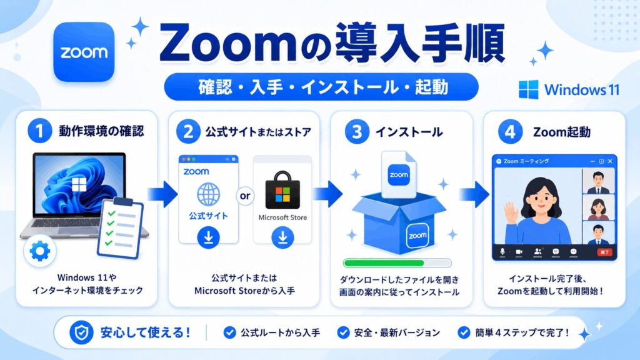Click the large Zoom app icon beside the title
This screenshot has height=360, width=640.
tap(84, 52)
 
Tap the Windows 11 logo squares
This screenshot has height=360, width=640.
tap(529, 89)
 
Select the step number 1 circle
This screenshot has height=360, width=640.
tap(39, 131)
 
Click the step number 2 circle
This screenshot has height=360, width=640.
tap(188, 131)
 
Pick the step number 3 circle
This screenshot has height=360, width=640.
tap(357, 131)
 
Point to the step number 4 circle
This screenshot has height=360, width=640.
tap(510, 132)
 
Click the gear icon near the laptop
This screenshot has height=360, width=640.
tap(39, 251)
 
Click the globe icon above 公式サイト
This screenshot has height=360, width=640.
tap(209, 194)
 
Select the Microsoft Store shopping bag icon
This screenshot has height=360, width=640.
tap(282, 190)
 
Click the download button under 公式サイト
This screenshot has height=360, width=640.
tap(209, 237)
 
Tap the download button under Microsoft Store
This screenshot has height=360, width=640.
tap(282, 237)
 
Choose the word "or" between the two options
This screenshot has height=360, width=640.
tap(245, 196)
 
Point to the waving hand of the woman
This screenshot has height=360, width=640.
tap(510, 212)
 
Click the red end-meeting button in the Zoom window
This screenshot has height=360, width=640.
tap(605, 252)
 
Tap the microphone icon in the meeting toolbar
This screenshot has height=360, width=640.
tap(502, 252)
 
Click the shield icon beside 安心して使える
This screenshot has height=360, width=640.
tap(81, 332)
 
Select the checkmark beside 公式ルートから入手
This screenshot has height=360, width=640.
tap(230, 332)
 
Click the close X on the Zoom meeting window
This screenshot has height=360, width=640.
tap(610, 161)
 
